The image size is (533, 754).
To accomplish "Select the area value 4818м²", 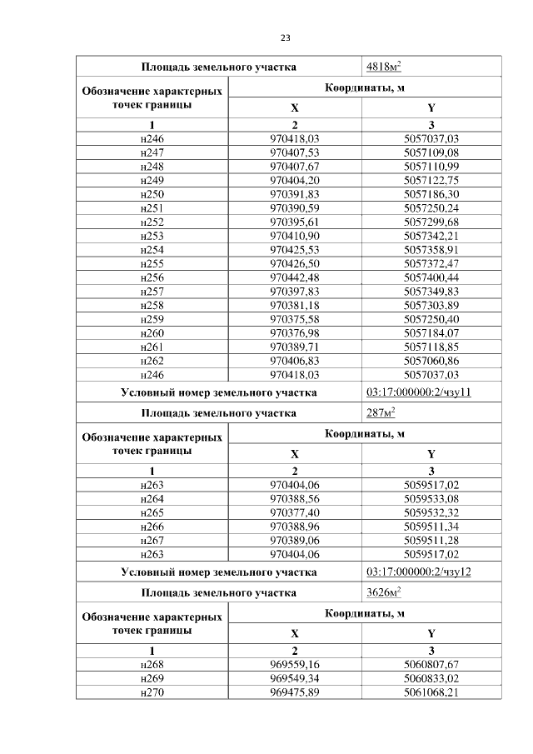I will coord(384,67).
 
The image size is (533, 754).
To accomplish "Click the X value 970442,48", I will coord(295,276).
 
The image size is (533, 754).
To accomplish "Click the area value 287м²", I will coord(380,412).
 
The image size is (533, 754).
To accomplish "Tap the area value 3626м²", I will coord(384,593).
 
